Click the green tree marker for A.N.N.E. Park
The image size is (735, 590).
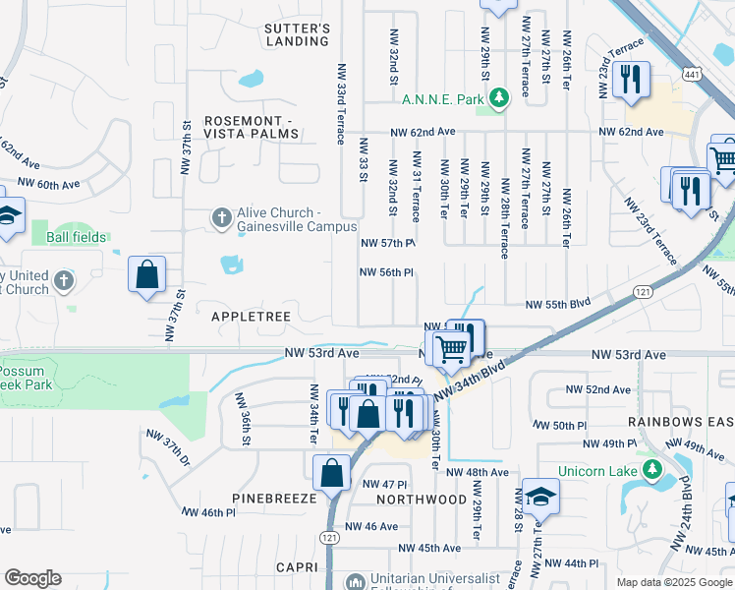(x=499, y=97)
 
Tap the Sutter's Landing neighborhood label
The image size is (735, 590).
(x=297, y=35)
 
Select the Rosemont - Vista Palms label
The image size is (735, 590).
(x=261, y=128)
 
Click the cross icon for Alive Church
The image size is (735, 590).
(x=222, y=215)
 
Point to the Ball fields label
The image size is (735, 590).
(x=75, y=237)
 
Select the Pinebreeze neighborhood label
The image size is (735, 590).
(x=274, y=499)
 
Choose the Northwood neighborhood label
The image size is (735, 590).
(x=422, y=500)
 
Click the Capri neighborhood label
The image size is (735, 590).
(x=297, y=567)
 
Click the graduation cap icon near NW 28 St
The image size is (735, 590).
(x=539, y=497)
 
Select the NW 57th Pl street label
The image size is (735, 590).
(x=389, y=243)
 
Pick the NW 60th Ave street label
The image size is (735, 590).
(x=48, y=184)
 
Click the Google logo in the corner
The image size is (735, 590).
(x=32, y=577)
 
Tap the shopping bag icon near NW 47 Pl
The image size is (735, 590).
(x=331, y=472)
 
